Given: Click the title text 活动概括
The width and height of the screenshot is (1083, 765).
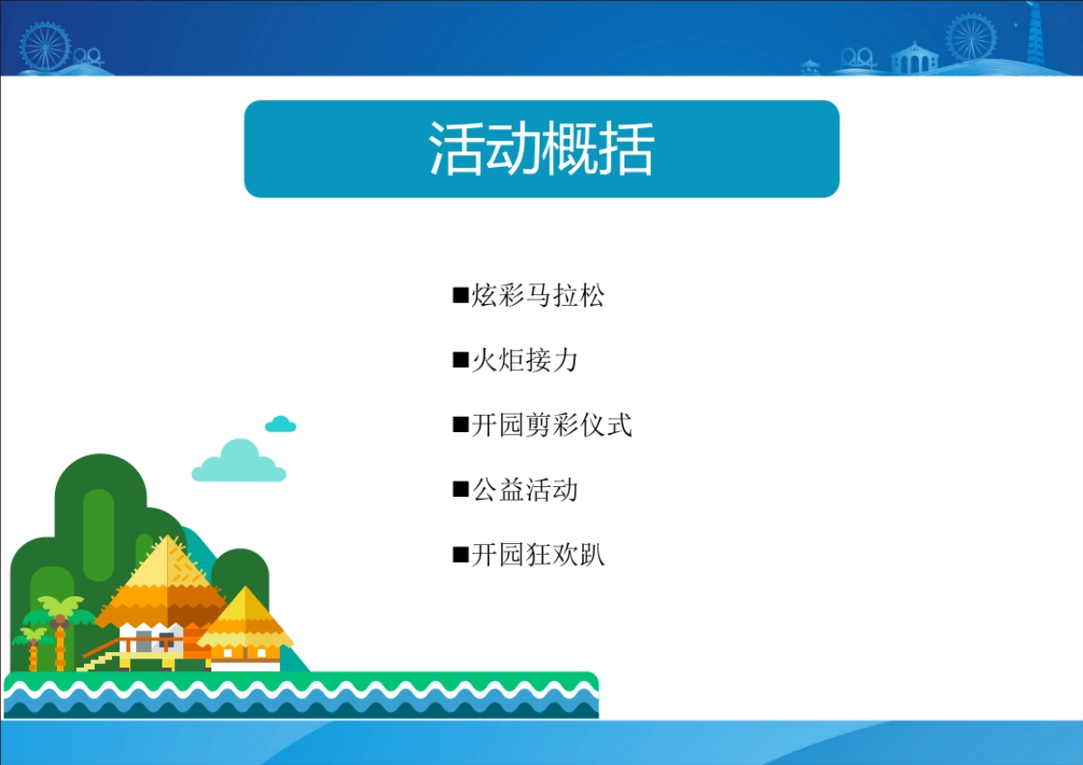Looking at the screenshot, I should point(541,149).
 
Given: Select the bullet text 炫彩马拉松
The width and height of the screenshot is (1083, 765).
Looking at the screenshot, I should point(538,296).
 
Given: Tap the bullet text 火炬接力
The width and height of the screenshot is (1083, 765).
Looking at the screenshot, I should point(524,361).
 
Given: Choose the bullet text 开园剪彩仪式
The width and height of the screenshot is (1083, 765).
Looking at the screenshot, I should point(551,425).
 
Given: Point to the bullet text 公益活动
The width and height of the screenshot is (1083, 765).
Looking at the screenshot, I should point(524,490).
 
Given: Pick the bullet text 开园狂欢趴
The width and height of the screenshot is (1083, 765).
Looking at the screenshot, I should point(538,555).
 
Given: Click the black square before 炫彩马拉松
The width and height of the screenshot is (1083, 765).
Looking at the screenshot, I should point(460,296).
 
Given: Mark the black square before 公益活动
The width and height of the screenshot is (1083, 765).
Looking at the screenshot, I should point(460,490).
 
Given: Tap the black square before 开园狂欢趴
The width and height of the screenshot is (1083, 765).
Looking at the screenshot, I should point(460,555).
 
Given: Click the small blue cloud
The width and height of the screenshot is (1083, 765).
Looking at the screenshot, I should point(281,424).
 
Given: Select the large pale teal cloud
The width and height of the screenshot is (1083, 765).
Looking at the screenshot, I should point(239,462).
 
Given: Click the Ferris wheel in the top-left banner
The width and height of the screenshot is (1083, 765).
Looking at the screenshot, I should point(45,45).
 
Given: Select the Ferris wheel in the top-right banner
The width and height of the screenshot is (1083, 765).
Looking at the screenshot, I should point(971,38).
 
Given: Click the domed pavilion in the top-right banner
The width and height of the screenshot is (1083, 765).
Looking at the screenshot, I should point(914,58).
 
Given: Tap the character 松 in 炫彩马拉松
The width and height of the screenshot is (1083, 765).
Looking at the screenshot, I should point(592,296).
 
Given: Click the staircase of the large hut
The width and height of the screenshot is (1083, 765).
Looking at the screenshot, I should point(99,660).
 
